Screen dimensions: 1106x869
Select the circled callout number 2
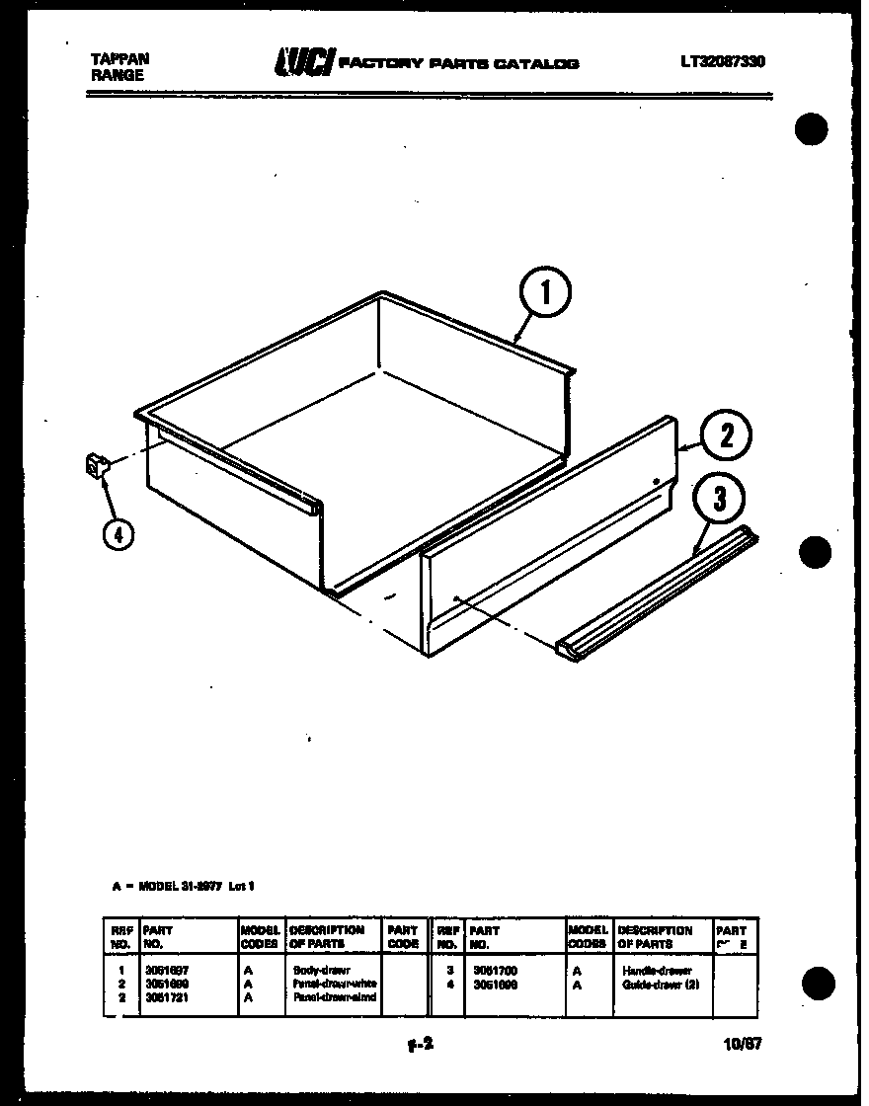click(726, 436)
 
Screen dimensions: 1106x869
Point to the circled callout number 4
click(118, 533)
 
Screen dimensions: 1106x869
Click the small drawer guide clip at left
click(95, 465)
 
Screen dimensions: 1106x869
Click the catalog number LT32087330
click(722, 61)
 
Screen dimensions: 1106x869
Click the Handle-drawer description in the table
click(657, 971)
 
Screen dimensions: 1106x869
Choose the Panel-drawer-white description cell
click(334, 985)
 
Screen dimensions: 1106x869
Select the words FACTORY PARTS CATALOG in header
click(458, 64)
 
